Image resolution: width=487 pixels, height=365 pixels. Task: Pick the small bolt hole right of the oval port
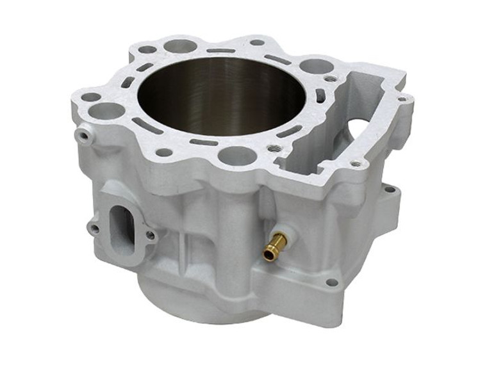[x=151, y=235]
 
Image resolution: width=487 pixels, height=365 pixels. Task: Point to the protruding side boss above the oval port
[x=82, y=134]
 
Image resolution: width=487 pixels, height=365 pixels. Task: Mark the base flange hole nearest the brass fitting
[x=331, y=282]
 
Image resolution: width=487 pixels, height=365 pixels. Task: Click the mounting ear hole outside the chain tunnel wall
[x=388, y=190]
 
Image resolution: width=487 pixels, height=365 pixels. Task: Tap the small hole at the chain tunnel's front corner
[x=356, y=164]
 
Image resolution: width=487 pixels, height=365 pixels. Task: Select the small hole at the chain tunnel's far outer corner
[x=402, y=99]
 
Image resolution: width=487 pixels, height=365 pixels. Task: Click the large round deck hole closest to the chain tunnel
[x=315, y=65]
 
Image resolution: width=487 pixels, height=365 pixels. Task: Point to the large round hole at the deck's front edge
[x=238, y=155]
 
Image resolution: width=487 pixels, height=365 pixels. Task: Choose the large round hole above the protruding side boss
[x=106, y=111]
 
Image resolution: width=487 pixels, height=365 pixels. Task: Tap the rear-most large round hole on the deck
[x=180, y=46]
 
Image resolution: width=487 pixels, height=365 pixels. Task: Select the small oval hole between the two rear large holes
[x=147, y=49]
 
